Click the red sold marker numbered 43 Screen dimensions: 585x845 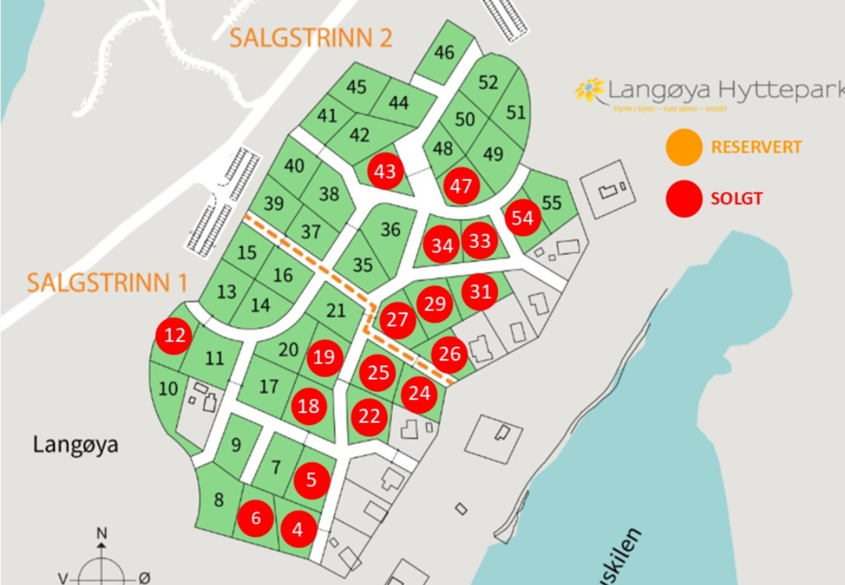pyautogui.click(x=384, y=171)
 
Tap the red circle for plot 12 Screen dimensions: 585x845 pyautogui.click(x=174, y=335)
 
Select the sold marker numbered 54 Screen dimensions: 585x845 pyautogui.click(x=522, y=218)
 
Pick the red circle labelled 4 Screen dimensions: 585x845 pyautogui.click(x=298, y=529)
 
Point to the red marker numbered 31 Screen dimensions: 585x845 pyautogui.click(x=480, y=291)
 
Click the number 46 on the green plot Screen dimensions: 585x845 pyautogui.click(x=444, y=52)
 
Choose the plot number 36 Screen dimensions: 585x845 pyautogui.click(x=390, y=229)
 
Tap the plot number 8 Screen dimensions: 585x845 pyautogui.click(x=219, y=499)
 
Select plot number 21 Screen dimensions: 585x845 pyautogui.click(x=335, y=310)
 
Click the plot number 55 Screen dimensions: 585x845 pyautogui.click(x=551, y=202)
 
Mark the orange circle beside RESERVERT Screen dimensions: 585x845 pyautogui.click(x=684, y=147)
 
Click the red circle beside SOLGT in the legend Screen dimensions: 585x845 pyautogui.click(x=684, y=199)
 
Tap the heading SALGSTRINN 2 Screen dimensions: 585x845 pyautogui.click(x=311, y=38)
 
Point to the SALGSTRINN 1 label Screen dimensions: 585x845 pyautogui.click(x=107, y=282)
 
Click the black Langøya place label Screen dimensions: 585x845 pyautogui.click(x=76, y=445)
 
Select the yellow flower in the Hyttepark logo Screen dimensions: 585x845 pyautogui.click(x=589, y=89)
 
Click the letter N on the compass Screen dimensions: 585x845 pyautogui.click(x=101, y=533)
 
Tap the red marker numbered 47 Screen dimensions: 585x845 pyautogui.click(x=461, y=186)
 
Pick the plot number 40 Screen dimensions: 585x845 pyautogui.click(x=294, y=165)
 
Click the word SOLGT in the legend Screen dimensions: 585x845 pyautogui.click(x=736, y=199)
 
